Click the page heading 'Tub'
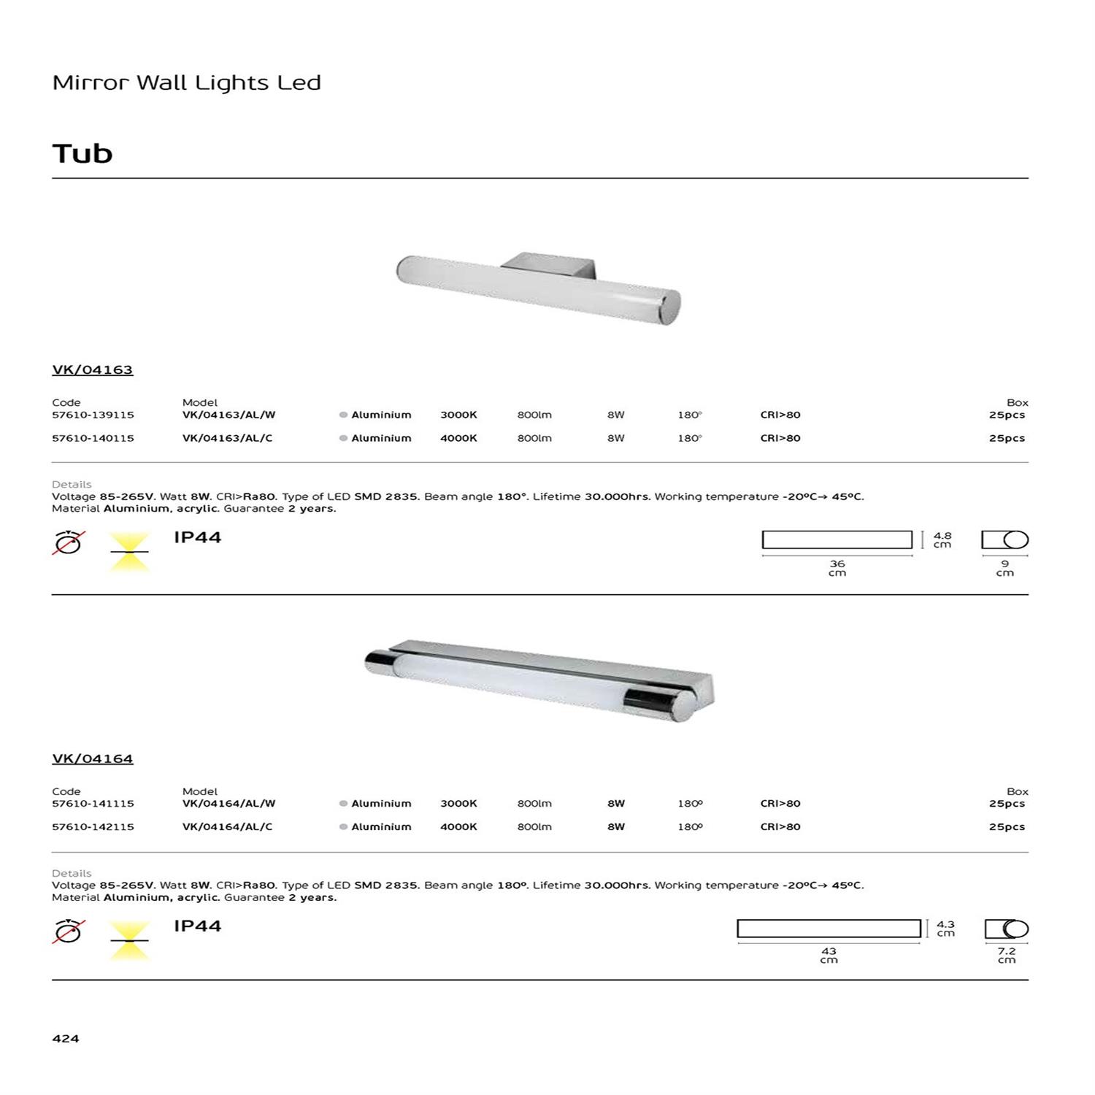82,154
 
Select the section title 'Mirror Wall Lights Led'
186,82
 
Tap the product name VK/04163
93,369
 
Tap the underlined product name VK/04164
93,758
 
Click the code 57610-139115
93,415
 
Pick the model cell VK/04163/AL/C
227,438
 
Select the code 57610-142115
93,827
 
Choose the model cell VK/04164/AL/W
228,804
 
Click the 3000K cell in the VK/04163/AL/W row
458,415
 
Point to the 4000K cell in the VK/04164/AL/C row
458,827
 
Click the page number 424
66,1038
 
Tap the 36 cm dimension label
837,568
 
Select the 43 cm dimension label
829,956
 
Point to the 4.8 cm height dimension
942,539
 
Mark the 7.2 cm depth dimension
1007,956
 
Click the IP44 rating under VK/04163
197,537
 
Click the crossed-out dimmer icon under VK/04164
69,931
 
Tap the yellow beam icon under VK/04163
129,551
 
